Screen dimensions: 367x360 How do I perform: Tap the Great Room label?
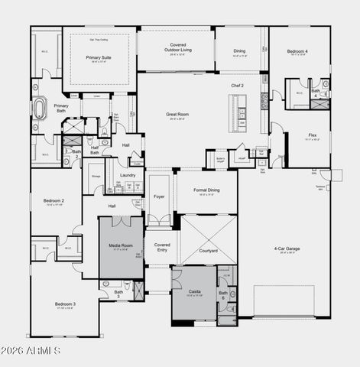[x=177, y=115]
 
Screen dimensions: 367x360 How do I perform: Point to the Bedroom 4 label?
[x=297, y=52]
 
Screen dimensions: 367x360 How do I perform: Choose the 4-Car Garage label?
[x=287, y=249]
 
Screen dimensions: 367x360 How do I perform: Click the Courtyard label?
[x=208, y=251]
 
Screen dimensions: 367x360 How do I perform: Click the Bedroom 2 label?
[x=53, y=202]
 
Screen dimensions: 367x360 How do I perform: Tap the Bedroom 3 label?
[x=64, y=304]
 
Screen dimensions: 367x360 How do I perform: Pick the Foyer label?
[x=159, y=196]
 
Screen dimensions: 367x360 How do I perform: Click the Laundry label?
[x=127, y=175]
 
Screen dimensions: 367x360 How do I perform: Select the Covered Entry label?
[x=161, y=247]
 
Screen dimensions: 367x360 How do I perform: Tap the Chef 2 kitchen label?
[x=237, y=86]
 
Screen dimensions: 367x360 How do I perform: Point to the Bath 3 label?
[x=118, y=293]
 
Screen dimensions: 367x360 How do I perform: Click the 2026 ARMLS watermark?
[x=32, y=351]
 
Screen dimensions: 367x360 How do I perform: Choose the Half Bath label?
[x=95, y=151]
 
